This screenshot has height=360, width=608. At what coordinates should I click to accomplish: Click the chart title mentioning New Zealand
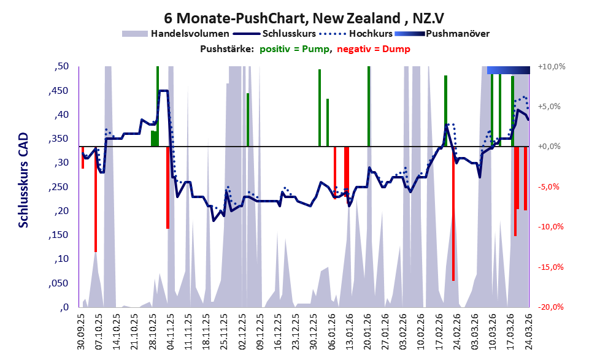pyautogui.click(x=304, y=18)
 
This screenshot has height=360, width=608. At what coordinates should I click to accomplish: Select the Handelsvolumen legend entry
pyautogui.click(x=175, y=34)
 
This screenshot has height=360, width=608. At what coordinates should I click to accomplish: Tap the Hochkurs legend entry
pyautogui.click(x=356, y=34)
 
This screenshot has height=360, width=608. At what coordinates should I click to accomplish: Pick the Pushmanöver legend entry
pyautogui.click(x=442, y=34)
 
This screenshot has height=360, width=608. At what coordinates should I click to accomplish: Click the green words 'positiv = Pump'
pyautogui.click(x=294, y=49)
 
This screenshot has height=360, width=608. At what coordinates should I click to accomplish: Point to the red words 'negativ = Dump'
pyautogui.click(x=374, y=49)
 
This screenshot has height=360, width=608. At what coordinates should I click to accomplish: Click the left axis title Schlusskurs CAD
pyautogui.click(x=24, y=180)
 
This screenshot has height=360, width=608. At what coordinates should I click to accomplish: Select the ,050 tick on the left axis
pyautogui.click(x=59, y=283)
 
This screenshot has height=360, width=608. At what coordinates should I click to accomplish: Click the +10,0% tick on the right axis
pyautogui.click(x=552, y=67)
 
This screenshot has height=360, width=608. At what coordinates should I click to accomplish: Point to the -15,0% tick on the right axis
pyautogui.click(x=551, y=267)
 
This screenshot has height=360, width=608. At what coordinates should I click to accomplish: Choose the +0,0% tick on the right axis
pyautogui.click(x=549, y=147)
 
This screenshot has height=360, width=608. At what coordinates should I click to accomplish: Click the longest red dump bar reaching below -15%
pyautogui.click(x=453, y=213)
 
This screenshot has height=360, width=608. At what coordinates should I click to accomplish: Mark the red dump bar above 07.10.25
pyautogui.click(x=95, y=199)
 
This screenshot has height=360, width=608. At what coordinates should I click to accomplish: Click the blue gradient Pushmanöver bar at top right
pyautogui.click(x=509, y=70)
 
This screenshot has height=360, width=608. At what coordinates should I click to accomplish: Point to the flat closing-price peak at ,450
pyautogui.click(x=163, y=91)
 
